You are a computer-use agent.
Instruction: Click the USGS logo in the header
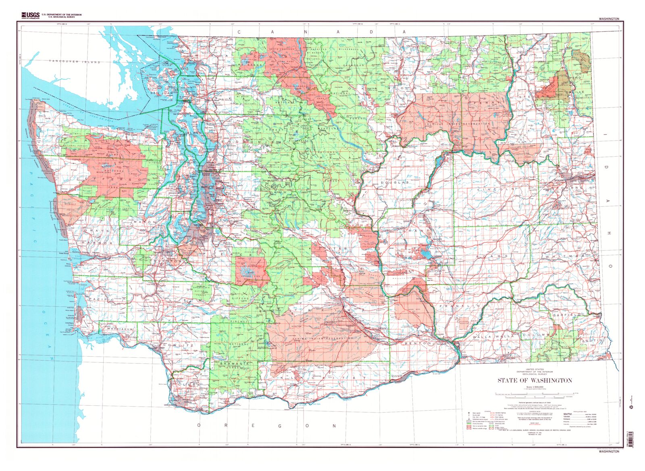click(x=30, y=15)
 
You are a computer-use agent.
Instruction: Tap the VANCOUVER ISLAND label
click(x=75, y=62)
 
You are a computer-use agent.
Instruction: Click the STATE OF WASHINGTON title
click(x=535, y=380)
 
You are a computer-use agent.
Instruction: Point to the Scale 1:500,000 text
click(x=535, y=386)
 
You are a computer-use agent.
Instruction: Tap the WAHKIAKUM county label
click(x=120, y=329)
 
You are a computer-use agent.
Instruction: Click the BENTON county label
click(x=419, y=343)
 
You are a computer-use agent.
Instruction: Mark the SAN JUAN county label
click(x=161, y=93)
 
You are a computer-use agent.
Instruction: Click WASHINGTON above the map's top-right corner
click(x=609, y=19)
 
